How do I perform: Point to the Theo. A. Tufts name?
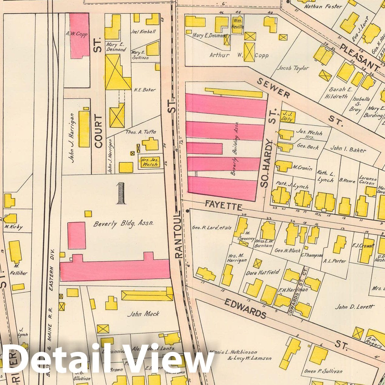click(x=141, y=132)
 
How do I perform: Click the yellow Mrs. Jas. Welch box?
click(x=150, y=162)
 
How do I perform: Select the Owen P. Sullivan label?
click(x=323, y=371)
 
